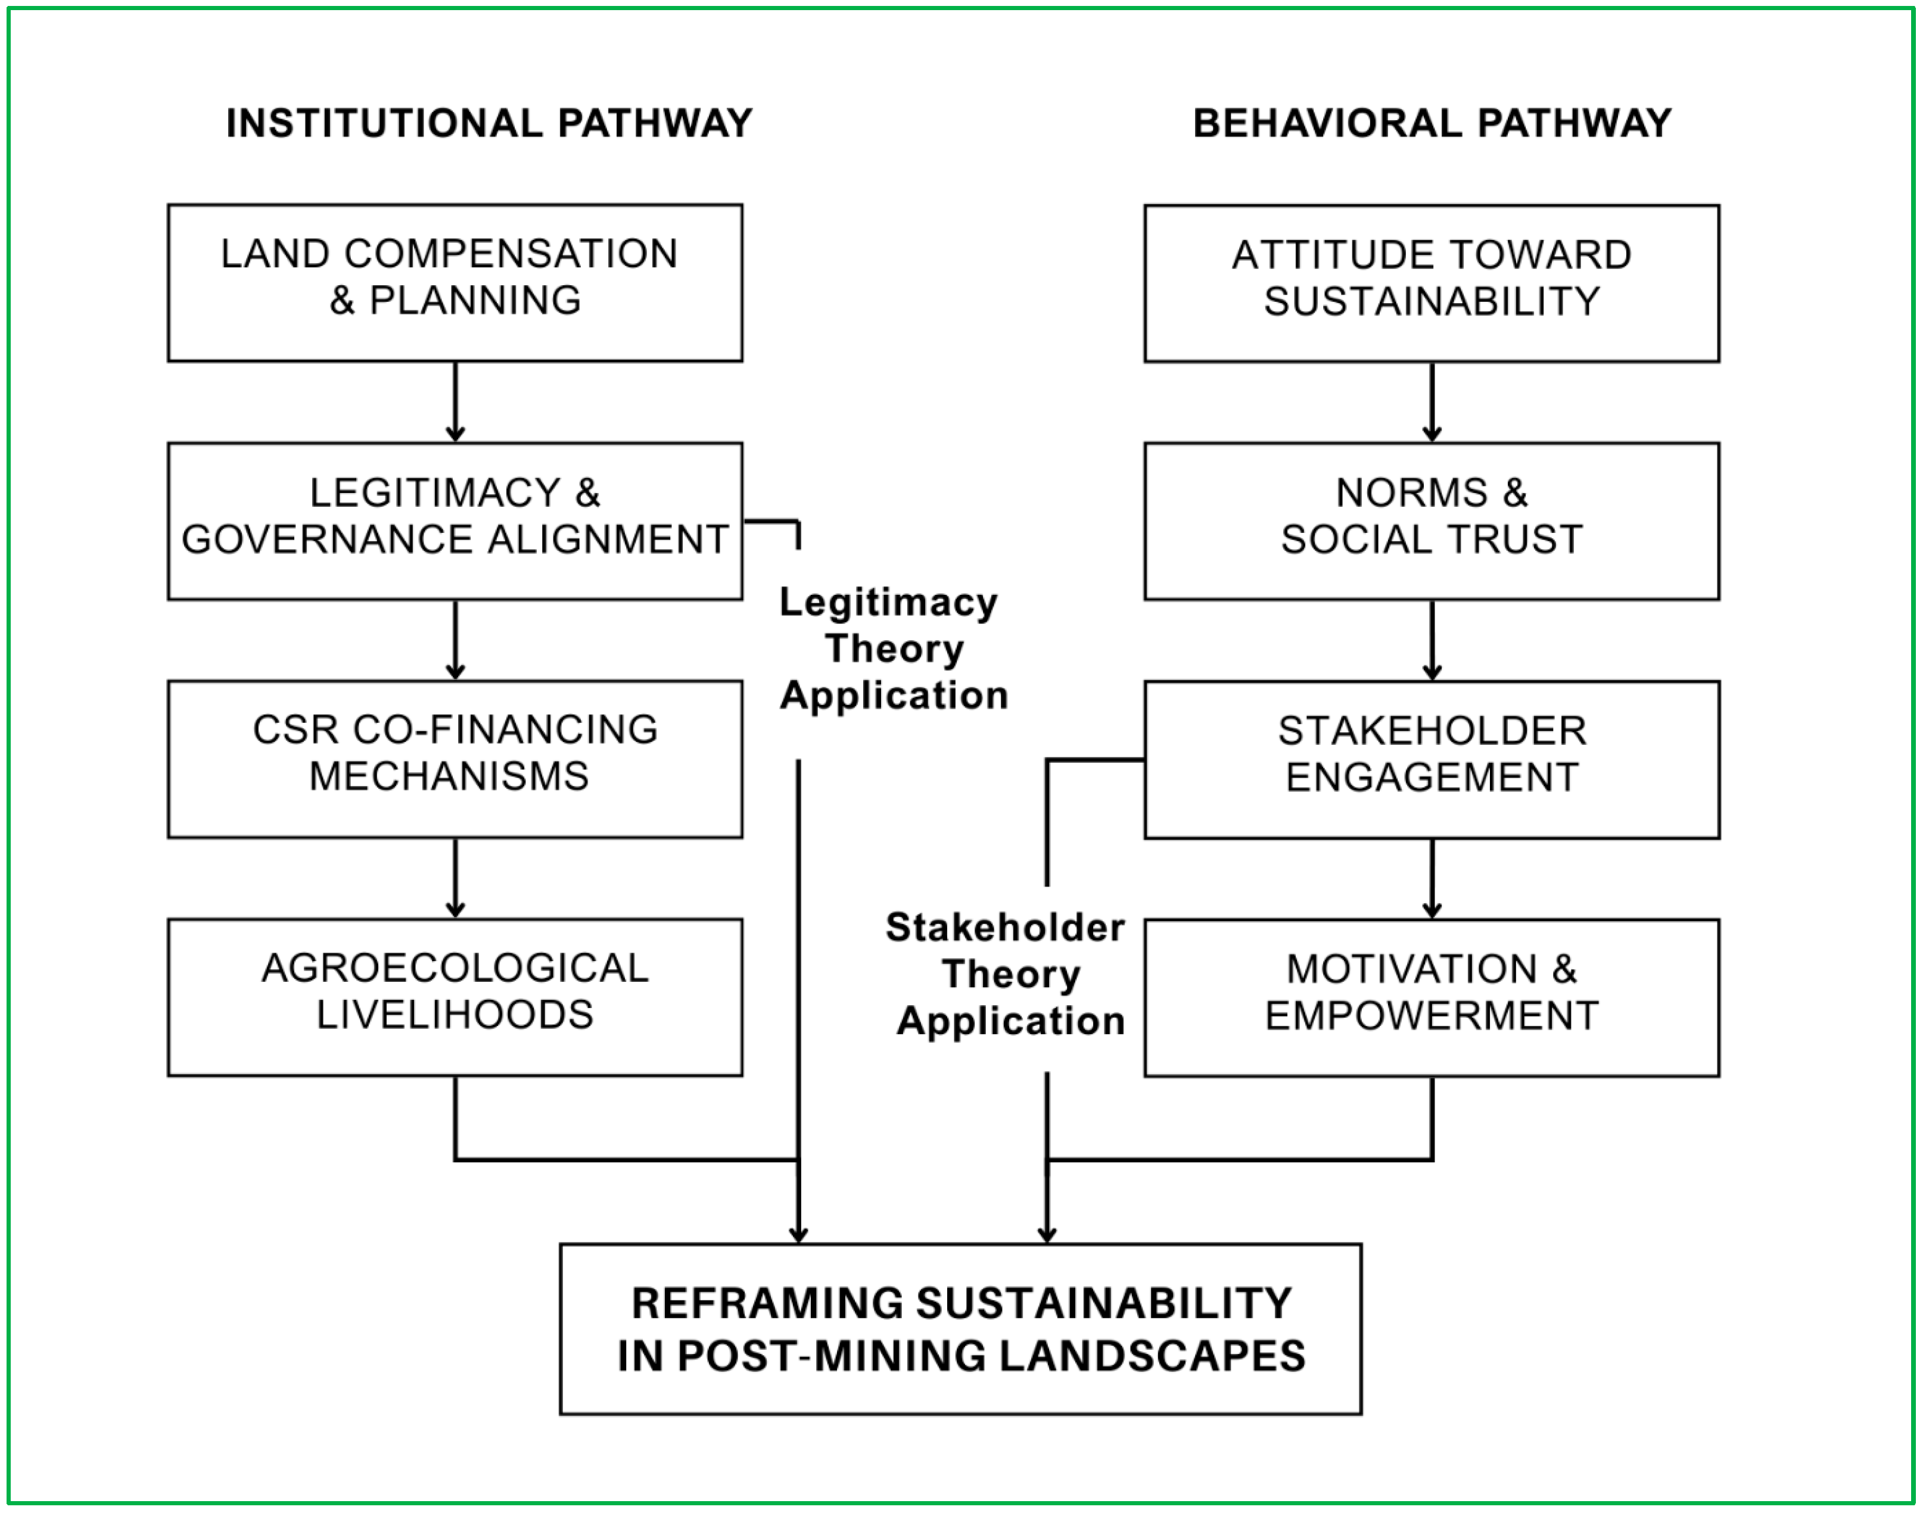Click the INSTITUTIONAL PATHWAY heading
point(488,123)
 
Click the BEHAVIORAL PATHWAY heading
point(1432,123)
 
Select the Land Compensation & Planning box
point(455,282)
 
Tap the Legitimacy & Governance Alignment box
point(455,521)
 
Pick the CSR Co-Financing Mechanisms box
point(455,759)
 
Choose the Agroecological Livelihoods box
point(455,997)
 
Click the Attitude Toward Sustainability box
point(1432,283)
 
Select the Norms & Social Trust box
point(1432,521)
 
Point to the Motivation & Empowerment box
point(1432,997)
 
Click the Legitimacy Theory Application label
point(892,649)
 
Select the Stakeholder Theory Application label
point(1008,974)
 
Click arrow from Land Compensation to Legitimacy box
point(456,401)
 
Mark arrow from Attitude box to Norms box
point(1432,401)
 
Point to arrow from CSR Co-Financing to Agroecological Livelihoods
point(456,877)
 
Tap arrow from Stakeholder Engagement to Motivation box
point(1432,878)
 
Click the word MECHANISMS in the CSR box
point(449,776)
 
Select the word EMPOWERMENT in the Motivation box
point(1432,1015)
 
